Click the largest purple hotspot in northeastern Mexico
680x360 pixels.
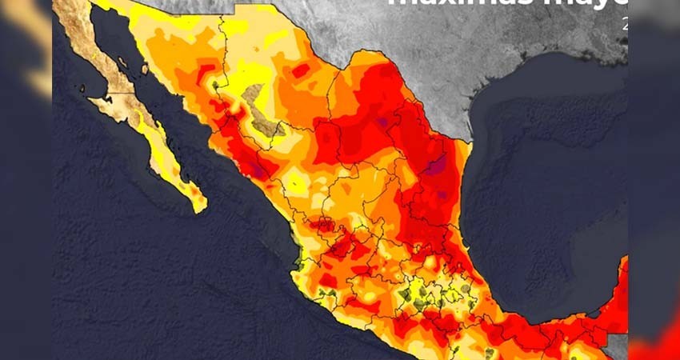click(x=436, y=166)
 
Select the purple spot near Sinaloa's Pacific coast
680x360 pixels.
click(x=258, y=169)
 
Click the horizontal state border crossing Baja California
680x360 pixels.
click(x=112, y=94)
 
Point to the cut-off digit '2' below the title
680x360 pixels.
click(x=624, y=24)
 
